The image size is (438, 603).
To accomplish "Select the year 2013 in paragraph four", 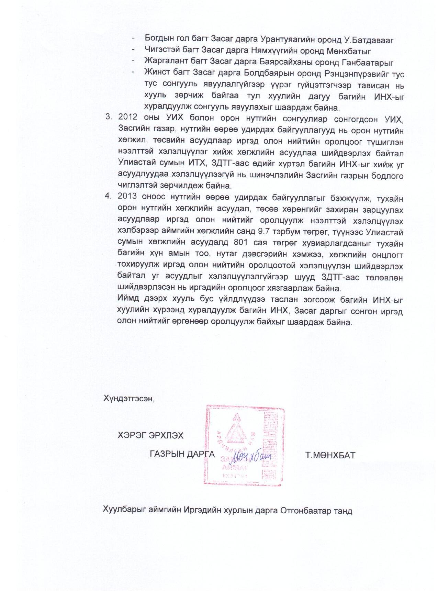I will pyautogui.click(x=128, y=198).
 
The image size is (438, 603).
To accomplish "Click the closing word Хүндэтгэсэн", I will pyautogui.click(x=129, y=399).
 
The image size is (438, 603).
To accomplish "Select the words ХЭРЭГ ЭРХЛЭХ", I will pyautogui.click(x=150, y=435).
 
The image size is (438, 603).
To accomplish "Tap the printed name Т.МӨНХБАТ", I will pyautogui.click(x=330, y=456).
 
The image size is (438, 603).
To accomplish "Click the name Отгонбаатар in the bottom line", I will pyautogui.click(x=305, y=511).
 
